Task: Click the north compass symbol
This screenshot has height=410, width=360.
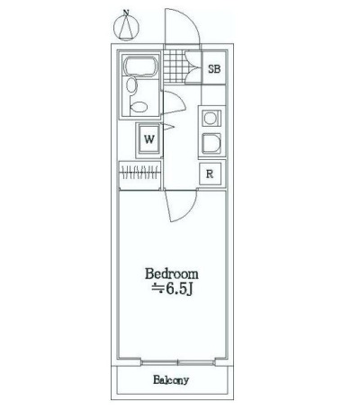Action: pos(127,29)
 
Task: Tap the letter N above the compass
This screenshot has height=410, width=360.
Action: pos(126,13)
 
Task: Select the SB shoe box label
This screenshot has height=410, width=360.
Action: pos(214,69)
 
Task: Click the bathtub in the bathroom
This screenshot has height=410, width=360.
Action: pos(141,66)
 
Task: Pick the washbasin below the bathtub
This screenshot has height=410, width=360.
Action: pos(131,85)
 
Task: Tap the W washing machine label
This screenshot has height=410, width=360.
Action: pos(149,139)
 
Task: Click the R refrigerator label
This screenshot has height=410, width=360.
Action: pos(210,174)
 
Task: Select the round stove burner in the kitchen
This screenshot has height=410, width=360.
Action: pos(210,119)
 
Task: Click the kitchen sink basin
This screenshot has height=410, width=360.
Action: pos(211,143)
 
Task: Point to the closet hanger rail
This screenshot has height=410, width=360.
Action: pos(140,173)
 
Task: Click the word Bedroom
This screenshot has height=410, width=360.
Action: pos(172,273)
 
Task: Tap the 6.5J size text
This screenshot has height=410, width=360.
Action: pos(179,289)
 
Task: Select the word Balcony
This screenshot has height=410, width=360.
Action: pos(171,380)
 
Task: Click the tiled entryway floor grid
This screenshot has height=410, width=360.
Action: pos(175,66)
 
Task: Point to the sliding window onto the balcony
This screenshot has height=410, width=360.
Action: pos(178,362)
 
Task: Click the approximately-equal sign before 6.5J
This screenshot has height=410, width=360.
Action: pos(157,289)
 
